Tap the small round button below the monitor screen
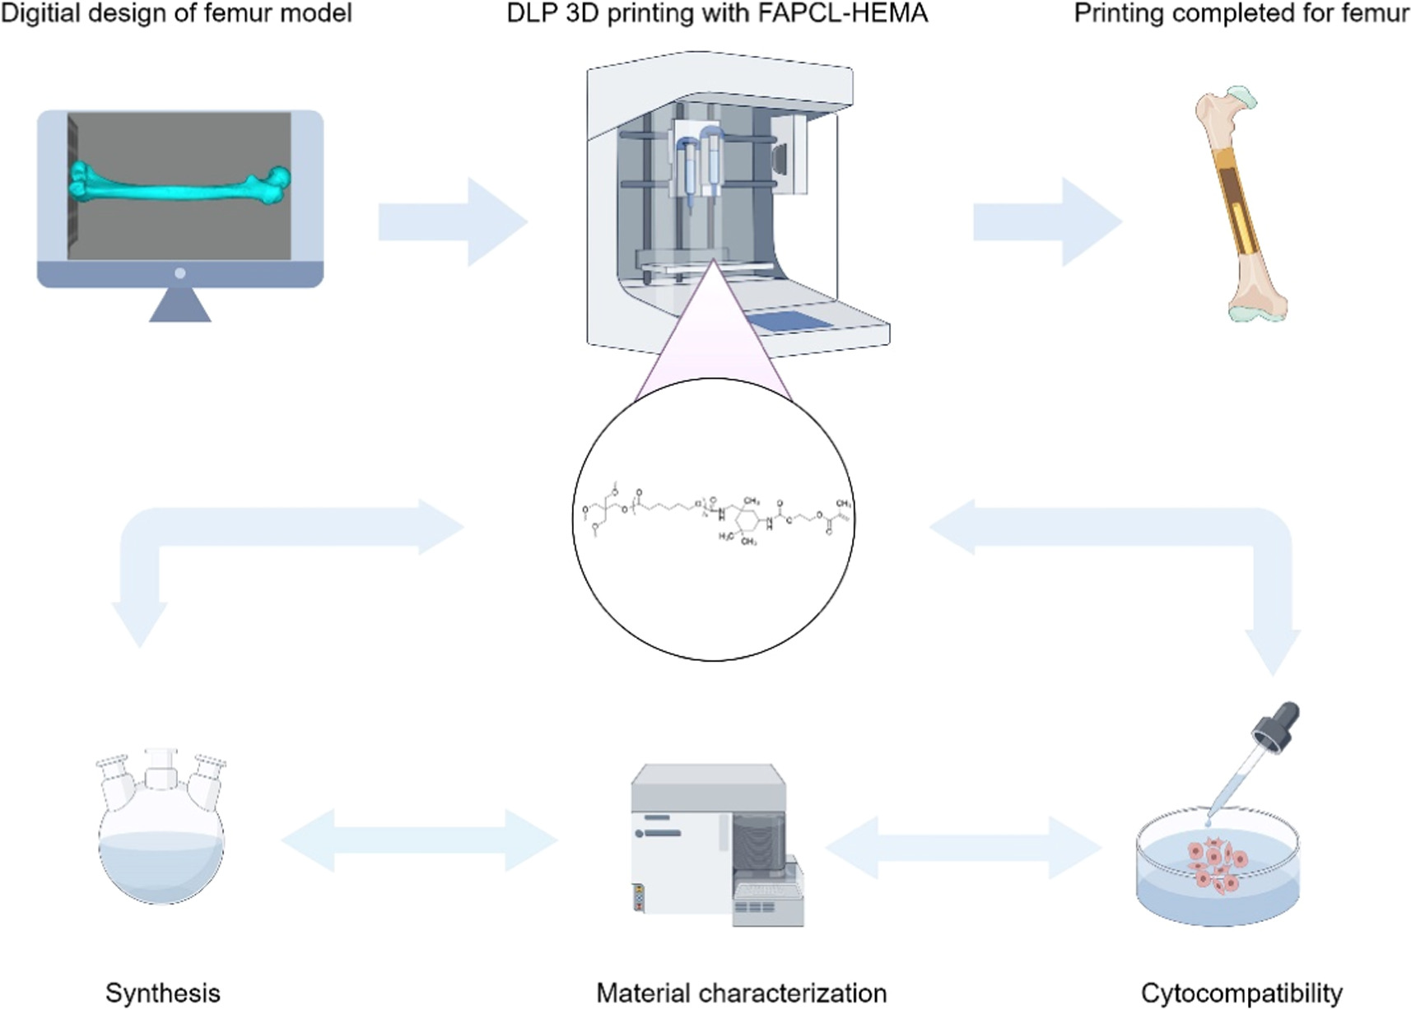click(x=180, y=273)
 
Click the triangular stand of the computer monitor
click(x=180, y=307)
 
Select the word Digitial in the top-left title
click(x=39, y=13)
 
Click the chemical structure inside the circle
click(x=713, y=519)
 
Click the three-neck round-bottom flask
click(x=161, y=831)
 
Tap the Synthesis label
click(x=162, y=993)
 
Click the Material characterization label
click(x=741, y=993)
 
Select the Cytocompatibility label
click(x=1241, y=993)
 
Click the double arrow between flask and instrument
click(x=420, y=840)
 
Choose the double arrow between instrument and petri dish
click(x=963, y=847)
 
